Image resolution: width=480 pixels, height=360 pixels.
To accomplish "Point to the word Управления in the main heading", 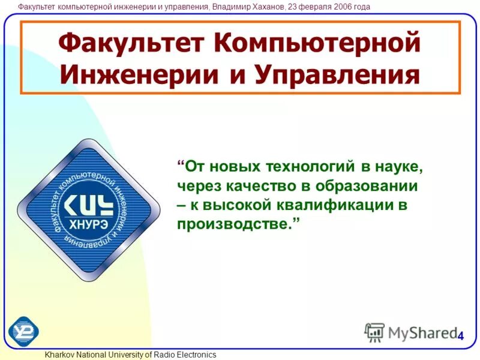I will pyautogui.click(x=337, y=75).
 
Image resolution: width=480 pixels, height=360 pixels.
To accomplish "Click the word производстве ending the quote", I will pyautogui.click(x=235, y=224).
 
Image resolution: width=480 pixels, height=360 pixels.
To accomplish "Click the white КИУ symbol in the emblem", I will pyautogui.click(x=88, y=205).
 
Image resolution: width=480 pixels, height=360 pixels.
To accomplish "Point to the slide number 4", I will pyautogui.click(x=460, y=336).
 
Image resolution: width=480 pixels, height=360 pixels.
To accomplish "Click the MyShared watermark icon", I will pyautogui.click(x=375, y=332).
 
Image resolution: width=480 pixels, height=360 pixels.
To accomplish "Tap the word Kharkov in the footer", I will pyautogui.click(x=59, y=355).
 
